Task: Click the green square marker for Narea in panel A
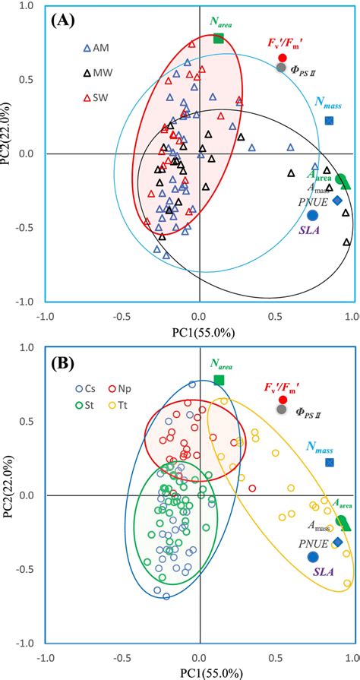[x=219, y=38]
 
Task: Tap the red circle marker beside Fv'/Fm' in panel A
[x=282, y=58]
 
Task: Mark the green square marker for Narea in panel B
[x=219, y=380]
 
